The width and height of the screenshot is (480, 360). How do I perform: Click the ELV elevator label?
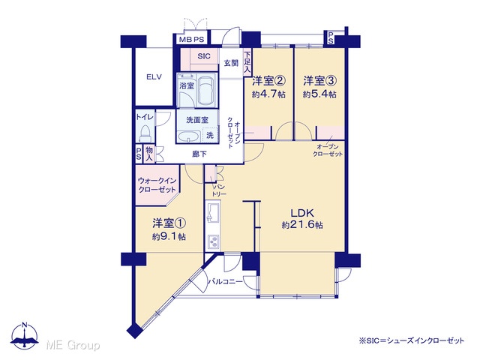coord(154,76)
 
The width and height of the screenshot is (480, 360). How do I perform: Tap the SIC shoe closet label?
coord(204,56)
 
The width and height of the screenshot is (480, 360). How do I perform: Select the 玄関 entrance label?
coord(231,63)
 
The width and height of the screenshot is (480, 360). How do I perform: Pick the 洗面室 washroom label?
coord(197,120)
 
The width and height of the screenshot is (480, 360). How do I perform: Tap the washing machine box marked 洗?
coord(210,134)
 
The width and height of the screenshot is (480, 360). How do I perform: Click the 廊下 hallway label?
coord(199,154)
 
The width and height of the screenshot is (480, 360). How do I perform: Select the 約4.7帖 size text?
coord(268,94)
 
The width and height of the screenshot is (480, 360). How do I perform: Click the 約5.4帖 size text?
coord(320,94)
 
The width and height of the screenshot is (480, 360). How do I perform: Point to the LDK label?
coord(302,212)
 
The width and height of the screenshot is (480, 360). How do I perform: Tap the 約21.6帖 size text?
coord(302,225)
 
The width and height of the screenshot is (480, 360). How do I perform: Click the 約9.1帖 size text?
coord(169,237)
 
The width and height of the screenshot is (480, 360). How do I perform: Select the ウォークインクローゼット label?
coord(157,185)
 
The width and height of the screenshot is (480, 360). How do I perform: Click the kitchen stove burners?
coord(213,241)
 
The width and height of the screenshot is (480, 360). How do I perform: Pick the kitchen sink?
coord(213,212)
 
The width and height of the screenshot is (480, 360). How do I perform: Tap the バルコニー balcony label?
coord(225,281)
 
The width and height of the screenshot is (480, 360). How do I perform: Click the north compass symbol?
coord(25,336)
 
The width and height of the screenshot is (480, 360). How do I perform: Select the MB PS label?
coord(192,40)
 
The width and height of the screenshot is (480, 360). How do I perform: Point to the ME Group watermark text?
coord(73,345)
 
